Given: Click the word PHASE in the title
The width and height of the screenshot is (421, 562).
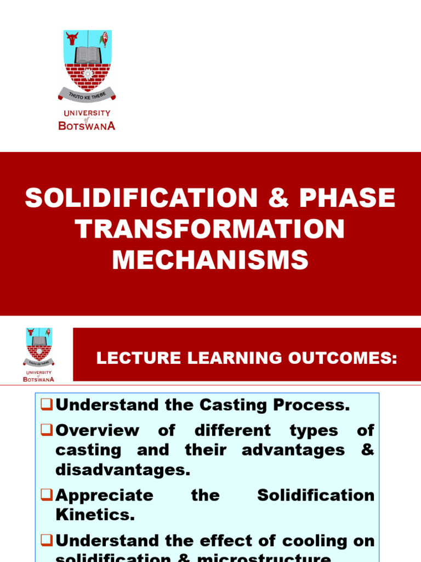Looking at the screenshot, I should (347, 198).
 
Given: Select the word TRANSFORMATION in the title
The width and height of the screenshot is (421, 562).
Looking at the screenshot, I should (210, 229).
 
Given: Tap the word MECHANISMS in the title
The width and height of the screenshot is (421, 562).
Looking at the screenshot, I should (210, 260).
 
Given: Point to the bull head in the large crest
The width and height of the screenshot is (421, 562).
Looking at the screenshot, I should (72, 38).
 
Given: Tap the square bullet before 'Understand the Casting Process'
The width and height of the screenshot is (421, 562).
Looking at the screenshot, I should (47, 406).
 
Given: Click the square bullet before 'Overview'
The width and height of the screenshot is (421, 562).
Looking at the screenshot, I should (47, 430).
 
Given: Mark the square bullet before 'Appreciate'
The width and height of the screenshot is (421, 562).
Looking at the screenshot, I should (47, 496).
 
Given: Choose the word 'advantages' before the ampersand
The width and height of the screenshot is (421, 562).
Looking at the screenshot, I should (293, 450).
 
